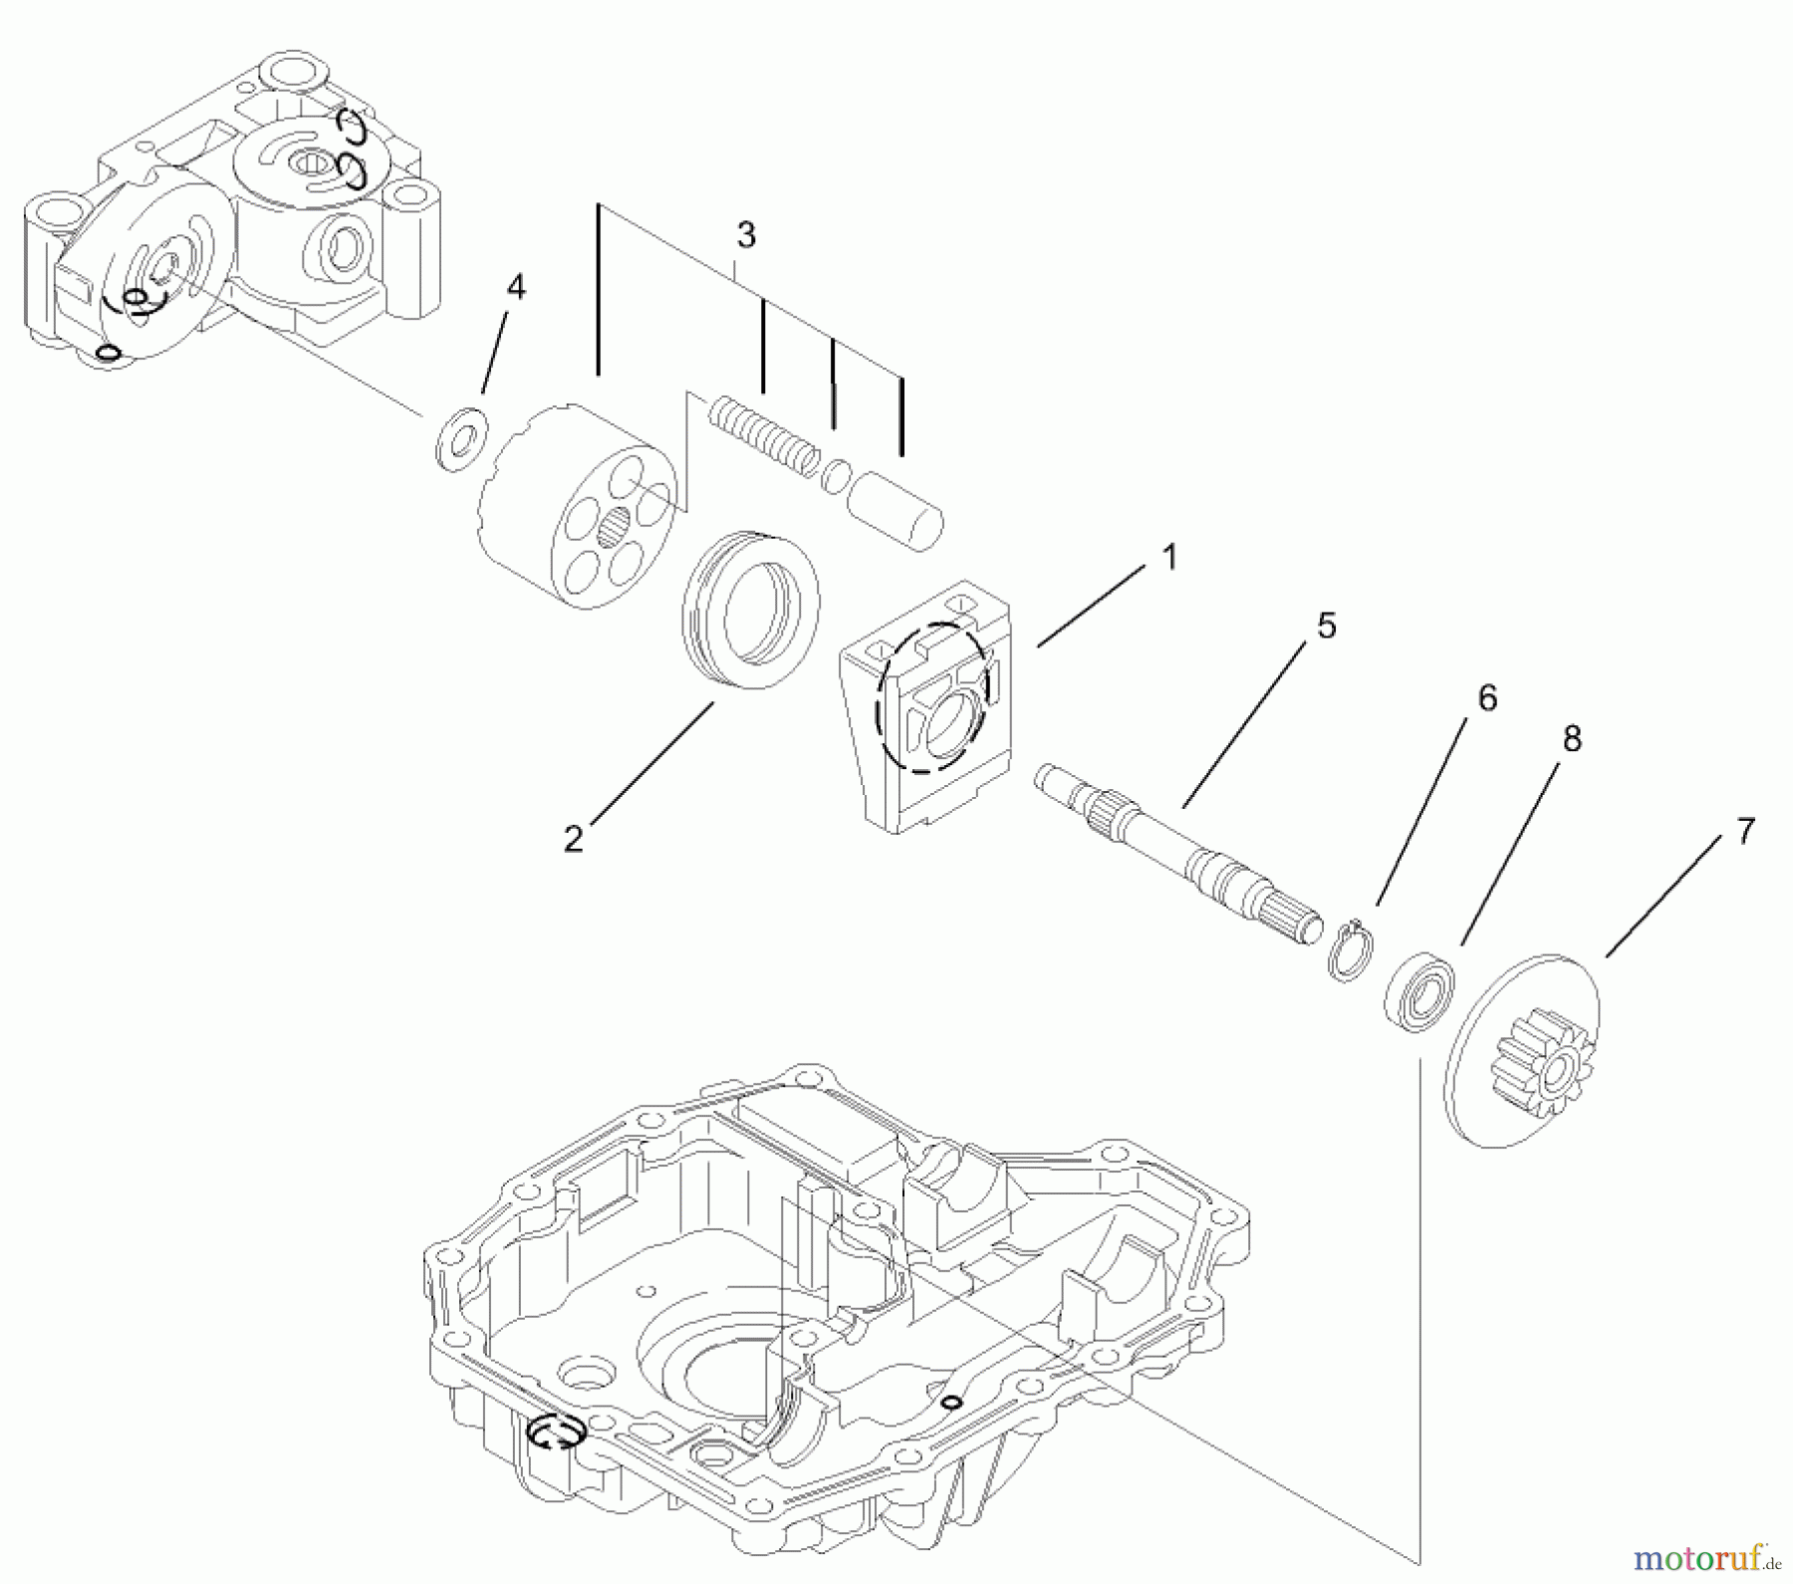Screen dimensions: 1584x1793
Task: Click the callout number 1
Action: (x=1169, y=559)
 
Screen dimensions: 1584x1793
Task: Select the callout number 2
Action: (x=573, y=840)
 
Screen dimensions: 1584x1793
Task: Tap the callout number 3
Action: (x=746, y=236)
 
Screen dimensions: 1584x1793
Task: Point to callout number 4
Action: (x=515, y=288)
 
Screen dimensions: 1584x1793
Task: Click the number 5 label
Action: (x=1326, y=627)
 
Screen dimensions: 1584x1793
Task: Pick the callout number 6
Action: (x=1486, y=698)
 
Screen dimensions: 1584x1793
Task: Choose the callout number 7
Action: (x=1744, y=831)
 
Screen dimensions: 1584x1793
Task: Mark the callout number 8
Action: (x=1571, y=739)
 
